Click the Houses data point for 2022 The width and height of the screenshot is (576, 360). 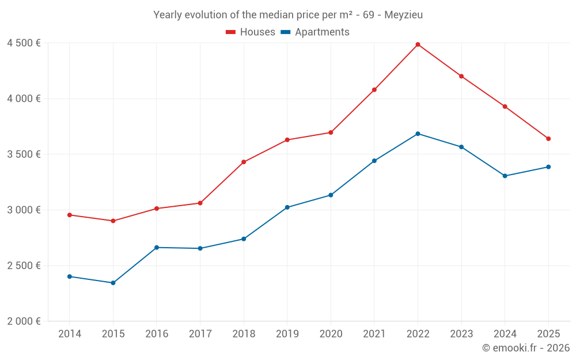(x=418, y=44)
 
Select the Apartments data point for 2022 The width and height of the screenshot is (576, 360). (x=418, y=134)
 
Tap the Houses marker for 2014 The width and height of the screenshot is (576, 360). (x=70, y=215)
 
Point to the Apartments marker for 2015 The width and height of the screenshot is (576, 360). (x=113, y=283)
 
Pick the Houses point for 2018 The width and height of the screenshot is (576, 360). (x=244, y=162)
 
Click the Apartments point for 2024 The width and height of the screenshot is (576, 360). (x=505, y=176)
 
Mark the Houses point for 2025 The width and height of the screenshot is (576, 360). (x=548, y=139)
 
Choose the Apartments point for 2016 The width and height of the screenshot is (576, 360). (x=157, y=248)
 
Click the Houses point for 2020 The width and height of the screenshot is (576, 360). (x=331, y=132)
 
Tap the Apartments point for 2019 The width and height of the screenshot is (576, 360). (x=287, y=207)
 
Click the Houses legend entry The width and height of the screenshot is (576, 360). (x=251, y=32)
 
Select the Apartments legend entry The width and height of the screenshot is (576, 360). (x=315, y=32)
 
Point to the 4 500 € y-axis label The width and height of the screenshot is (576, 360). (x=24, y=43)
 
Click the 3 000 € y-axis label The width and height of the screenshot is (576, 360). (x=24, y=210)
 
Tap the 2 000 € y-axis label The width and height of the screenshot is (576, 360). (x=24, y=321)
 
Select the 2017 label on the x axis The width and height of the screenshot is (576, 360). (x=200, y=334)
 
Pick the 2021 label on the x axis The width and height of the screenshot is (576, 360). (x=374, y=334)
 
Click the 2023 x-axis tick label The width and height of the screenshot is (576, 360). (x=461, y=334)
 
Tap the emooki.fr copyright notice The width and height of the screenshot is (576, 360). (x=525, y=348)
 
